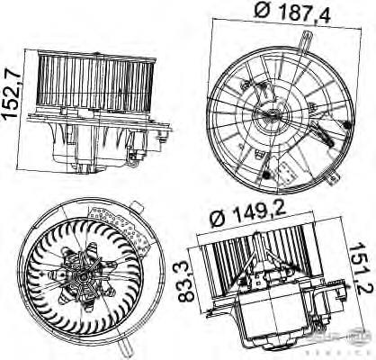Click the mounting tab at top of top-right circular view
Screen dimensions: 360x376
(x=308, y=40)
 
